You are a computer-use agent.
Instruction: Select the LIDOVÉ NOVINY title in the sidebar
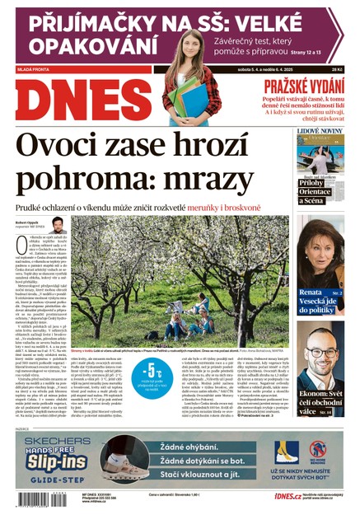[320, 131]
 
